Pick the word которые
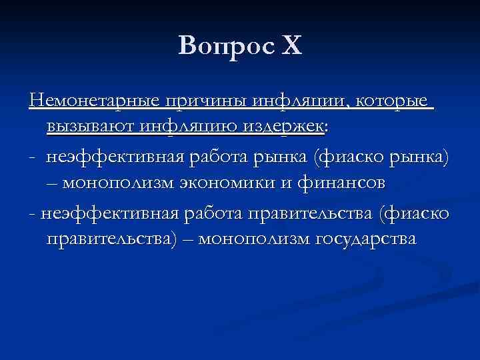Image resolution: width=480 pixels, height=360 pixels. [393, 101]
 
